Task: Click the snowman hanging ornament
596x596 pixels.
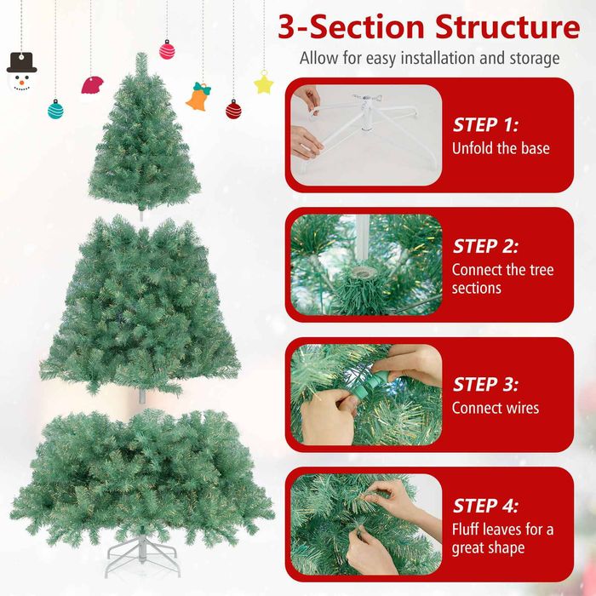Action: pyautogui.click(x=21, y=72)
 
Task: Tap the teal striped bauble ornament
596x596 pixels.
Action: pyautogui.click(x=55, y=110)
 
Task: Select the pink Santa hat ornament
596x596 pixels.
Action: pyautogui.click(x=92, y=86)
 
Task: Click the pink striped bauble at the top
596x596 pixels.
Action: pyautogui.click(x=167, y=49)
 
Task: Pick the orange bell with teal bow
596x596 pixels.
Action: pyautogui.click(x=198, y=97)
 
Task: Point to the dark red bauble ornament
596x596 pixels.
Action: pyautogui.click(x=233, y=110)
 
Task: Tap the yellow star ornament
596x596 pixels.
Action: pyautogui.click(x=264, y=83)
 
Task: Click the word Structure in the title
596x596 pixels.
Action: pyautogui.click(x=507, y=26)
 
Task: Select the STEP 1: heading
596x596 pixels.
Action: pyautogui.click(x=485, y=124)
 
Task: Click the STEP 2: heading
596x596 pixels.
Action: pyautogui.click(x=485, y=246)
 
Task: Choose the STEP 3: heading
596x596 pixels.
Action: pyautogui.click(x=485, y=384)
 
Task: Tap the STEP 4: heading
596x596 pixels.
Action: pyautogui.click(x=485, y=506)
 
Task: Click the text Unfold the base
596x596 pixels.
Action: pyautogui.click(x=501, y=148)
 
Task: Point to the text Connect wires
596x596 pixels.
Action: pyautogui.click(x=496, y=408)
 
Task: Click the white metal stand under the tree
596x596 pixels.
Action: pyautogui.click(x=142, y=556)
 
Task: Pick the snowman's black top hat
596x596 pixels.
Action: pyautogui.click(x=21, y=63)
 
